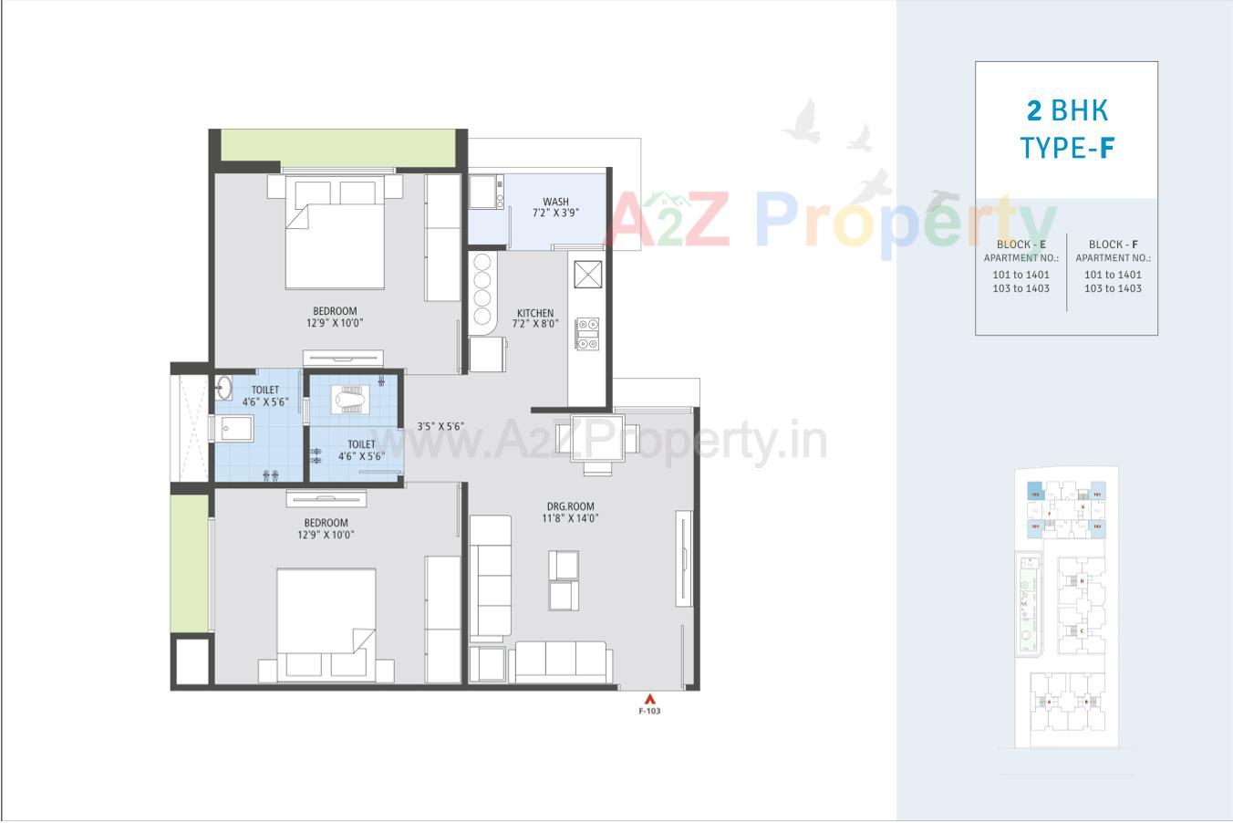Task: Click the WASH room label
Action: point(555,202)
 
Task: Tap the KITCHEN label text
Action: point(534,313)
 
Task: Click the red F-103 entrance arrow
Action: point(649,700)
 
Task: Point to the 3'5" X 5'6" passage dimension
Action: point(441,426)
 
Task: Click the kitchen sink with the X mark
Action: point(588,274)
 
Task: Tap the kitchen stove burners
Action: point(587,333)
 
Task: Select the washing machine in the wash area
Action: point(486,192)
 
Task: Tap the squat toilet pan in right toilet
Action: point(351,398)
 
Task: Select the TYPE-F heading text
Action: point(1067,148)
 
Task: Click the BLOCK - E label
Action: point(1021,245)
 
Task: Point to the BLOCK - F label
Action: point(1113,245)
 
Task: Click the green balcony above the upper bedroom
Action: point(338,148)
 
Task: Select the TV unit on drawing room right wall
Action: point(680,558)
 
